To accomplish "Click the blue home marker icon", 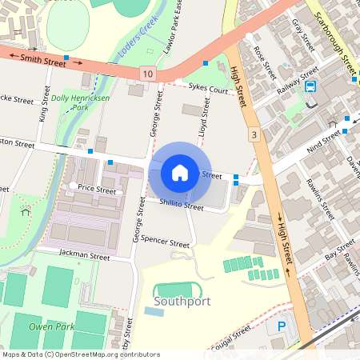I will click(180, 172).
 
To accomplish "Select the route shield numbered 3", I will click(254, 135).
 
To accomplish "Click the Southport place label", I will click(182, 302).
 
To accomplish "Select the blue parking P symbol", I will click(282, 326).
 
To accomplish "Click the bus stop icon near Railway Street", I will click(310, 87).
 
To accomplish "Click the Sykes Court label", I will click(209, 89).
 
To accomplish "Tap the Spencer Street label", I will click(165, 242).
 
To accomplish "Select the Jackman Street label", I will click(84, 256).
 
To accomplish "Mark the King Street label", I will click(44, 104).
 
